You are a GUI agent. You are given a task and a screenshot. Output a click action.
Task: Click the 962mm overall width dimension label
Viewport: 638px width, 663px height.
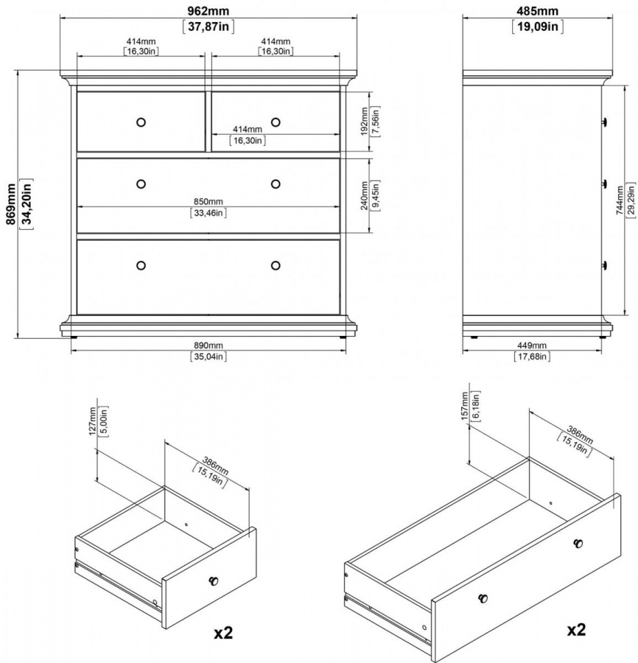pyautogui.click(x=208, y=10)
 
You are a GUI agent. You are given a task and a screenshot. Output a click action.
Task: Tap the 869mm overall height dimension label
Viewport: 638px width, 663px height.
pyautogui.click(x=11, y=204)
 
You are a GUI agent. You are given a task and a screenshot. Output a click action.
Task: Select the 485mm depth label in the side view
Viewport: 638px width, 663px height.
pyautogui.click(x=537, y=10)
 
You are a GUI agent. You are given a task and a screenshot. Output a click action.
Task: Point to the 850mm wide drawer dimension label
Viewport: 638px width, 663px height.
pyautogui.click(x=208, y=202)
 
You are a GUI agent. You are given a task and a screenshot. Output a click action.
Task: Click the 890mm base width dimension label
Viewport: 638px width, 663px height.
pyautogui.click(x=208, y=345)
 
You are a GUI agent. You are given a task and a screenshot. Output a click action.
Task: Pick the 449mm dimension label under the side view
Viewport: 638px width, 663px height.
pyautogui.click(x=532, y=345)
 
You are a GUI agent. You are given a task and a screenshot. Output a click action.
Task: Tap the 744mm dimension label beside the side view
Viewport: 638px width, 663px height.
pyautogui.click(x=620, y=201)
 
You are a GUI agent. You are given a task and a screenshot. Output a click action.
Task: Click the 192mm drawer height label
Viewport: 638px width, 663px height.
pyautogui.click(x=365, y=122)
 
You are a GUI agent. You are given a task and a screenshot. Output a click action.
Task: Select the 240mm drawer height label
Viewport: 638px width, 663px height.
pyautogui.click(x=365, y=196)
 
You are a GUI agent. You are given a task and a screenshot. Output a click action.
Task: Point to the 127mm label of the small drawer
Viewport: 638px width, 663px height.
pyautogui.click(x=93, y=421)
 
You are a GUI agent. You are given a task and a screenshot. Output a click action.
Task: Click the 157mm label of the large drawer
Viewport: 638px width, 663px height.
pyautogui.click(x=464, y=406)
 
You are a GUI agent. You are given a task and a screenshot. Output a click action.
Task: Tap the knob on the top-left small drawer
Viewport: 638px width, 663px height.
pyautogui.click(x=141, y=122)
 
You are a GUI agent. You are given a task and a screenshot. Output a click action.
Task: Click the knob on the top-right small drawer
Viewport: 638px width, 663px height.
pyautogui.click(x=276, y=122)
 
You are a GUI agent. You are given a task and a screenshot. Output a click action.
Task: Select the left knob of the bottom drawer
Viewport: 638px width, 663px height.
pyautogui.click(x=141, y=265)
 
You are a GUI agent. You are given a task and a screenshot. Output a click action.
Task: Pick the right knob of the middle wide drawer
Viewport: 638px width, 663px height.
pyautogui.click(x=276, y=184)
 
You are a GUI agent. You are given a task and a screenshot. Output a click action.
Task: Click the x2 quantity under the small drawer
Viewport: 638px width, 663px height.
pyautogui.click(x=223, y=633)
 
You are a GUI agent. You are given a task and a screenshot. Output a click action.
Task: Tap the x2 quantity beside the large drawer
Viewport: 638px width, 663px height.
pyautogui.click(x=576, y=630)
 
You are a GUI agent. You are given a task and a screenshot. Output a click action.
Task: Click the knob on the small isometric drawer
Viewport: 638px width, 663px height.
pyautogui.click(x=214, y=580)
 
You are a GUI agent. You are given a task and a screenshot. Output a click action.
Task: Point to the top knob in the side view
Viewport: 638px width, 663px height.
pyautogui.click(x=605, y=122)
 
